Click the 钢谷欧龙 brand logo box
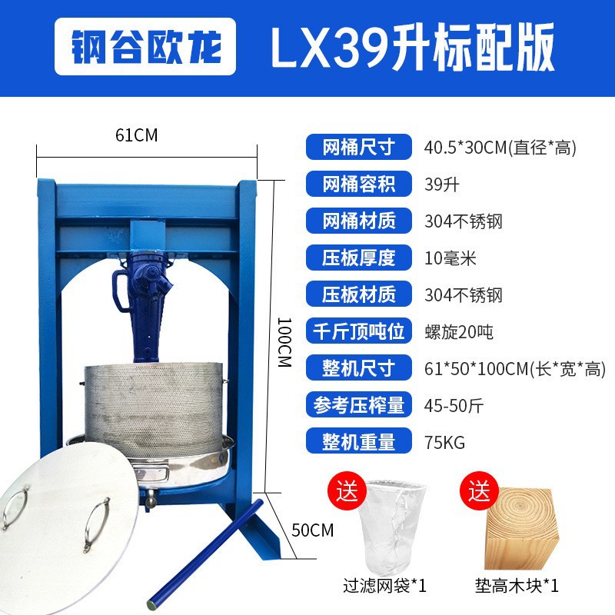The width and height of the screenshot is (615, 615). click(145, 46)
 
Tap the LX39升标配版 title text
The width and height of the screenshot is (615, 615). click(412, 47)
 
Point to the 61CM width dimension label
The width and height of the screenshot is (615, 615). click(137, 135)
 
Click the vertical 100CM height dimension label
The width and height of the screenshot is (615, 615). click(284, 342)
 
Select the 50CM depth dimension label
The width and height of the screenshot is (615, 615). click(313, 530)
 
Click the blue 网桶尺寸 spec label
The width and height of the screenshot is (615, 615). click(359, 147)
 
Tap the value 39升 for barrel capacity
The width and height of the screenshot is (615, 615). click(442, 184)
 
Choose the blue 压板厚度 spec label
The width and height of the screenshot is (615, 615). click(359, 258)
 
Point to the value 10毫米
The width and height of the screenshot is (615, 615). click(450, 258)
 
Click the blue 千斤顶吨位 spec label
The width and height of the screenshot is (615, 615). click(359, 331)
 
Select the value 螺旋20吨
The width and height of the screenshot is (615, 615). click(459, 332)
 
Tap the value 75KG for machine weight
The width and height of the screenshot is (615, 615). click(445, 443)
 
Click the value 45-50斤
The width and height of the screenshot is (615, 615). click(454, 406)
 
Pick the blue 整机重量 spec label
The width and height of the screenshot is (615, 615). click(359, 441)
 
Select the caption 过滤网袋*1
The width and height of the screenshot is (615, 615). click(384, 586)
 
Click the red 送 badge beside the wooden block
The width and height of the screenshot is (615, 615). click(479, 490)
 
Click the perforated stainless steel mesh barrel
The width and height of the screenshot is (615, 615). click(155, 410)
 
